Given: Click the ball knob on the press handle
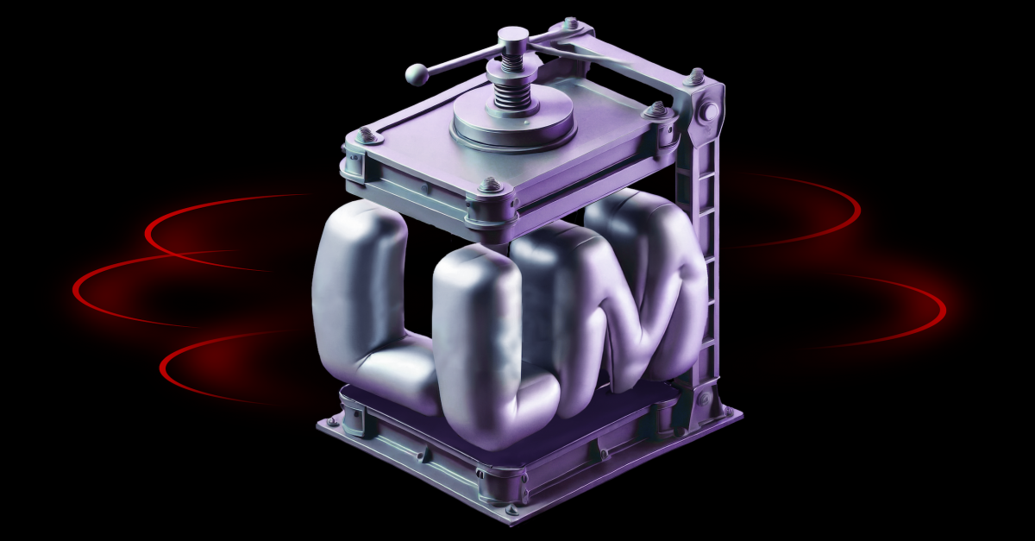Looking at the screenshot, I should pyautogui.click(x=417, y=76).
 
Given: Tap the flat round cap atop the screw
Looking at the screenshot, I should pyautogui.click(x=514, y=36).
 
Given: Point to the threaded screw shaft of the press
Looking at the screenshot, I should pyautogui.click(x=513, y=83).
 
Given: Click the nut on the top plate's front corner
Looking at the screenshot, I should pyautogui.click(x=489, y=184).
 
